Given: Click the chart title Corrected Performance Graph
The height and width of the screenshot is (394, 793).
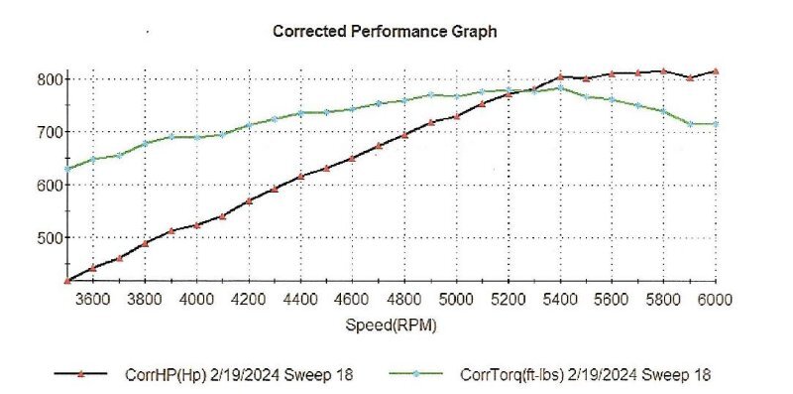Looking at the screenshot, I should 385,32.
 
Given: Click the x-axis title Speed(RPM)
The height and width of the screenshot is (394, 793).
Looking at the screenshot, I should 392,325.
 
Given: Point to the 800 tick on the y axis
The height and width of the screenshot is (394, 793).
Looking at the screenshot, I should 49,79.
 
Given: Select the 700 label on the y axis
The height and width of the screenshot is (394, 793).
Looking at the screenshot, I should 49,132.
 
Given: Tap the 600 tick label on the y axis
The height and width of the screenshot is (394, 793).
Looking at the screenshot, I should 49,186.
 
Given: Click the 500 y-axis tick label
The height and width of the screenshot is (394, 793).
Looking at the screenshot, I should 49,238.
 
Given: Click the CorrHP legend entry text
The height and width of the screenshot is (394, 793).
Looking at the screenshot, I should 239,374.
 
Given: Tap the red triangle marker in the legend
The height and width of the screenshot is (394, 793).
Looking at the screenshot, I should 82,373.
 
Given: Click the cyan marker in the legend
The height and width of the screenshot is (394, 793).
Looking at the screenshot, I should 415,374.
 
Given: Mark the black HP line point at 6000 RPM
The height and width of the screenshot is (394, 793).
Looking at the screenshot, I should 716,71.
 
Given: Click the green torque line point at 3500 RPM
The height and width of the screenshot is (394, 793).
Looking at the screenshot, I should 67,169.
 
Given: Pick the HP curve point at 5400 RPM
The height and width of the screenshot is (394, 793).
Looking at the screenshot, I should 560,76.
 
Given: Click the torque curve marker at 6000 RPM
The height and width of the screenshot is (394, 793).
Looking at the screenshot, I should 716,123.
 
